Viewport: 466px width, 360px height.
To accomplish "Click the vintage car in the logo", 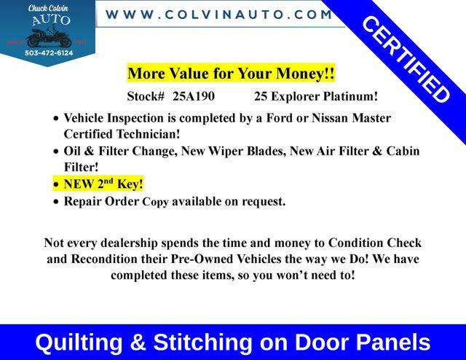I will tap(48, 35).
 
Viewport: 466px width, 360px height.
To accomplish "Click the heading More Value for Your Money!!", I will tap(231, 74).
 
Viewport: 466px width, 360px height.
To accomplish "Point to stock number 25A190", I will tap(194, 96).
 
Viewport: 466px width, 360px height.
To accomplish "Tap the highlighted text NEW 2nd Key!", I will tap(103, 184).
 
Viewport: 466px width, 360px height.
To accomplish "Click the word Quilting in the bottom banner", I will tap(79, 342).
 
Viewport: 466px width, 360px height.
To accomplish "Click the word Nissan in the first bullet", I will tap(337, 118).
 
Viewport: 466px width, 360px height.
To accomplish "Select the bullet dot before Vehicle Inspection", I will tap(57, 119).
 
